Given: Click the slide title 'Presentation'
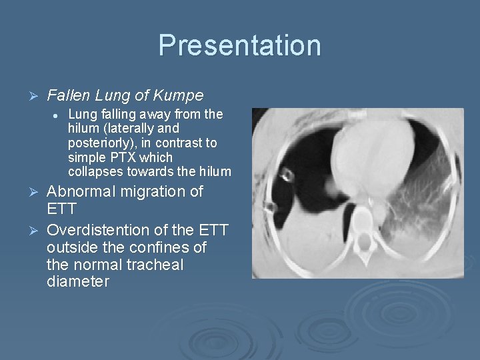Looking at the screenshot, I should click(x=239, y=45).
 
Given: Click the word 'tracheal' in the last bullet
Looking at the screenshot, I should click(x=154, y=265).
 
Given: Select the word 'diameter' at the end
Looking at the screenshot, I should click(x=78, y=281).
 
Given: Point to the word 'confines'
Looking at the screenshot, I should click(x=157, y=247).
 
